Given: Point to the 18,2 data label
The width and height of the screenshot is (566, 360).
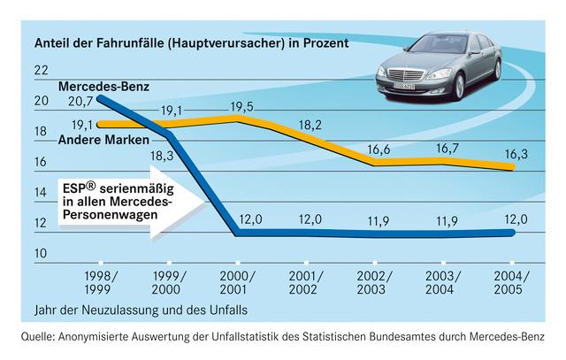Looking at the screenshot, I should (x=311, y=125).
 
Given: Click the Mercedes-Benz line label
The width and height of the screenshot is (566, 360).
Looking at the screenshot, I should (x=105, y=87).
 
